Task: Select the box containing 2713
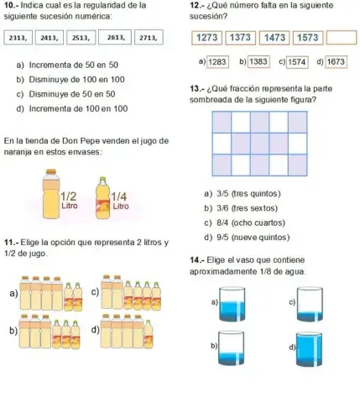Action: (x=148, y=38)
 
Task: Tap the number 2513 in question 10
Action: (x=82, y=38)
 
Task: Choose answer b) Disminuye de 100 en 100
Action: (x=71, y=79)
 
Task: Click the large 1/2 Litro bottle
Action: (x=52, y=193)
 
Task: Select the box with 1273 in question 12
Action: (x=209, y=38)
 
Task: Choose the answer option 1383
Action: (x=258, y=62)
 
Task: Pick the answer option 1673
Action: (x=336, y=62)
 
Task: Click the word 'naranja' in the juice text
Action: (x=21, y=153)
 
